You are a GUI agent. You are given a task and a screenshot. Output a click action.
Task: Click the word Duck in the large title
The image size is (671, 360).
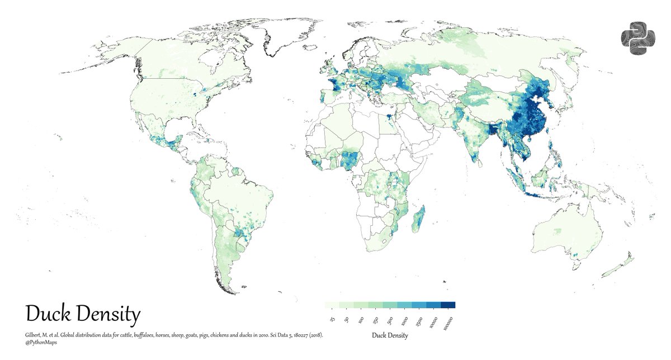click(45, 315)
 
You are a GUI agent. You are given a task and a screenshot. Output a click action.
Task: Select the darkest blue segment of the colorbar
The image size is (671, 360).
click(448, 305)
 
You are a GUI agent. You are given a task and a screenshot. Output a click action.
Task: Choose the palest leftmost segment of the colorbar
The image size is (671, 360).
click(332, 305)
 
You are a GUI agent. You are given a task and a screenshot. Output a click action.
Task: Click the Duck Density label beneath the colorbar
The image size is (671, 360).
click(390, 335)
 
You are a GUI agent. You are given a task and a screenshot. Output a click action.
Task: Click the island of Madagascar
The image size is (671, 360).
click(419, 219)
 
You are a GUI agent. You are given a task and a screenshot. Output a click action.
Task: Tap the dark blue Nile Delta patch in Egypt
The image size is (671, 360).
click(387, 118)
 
